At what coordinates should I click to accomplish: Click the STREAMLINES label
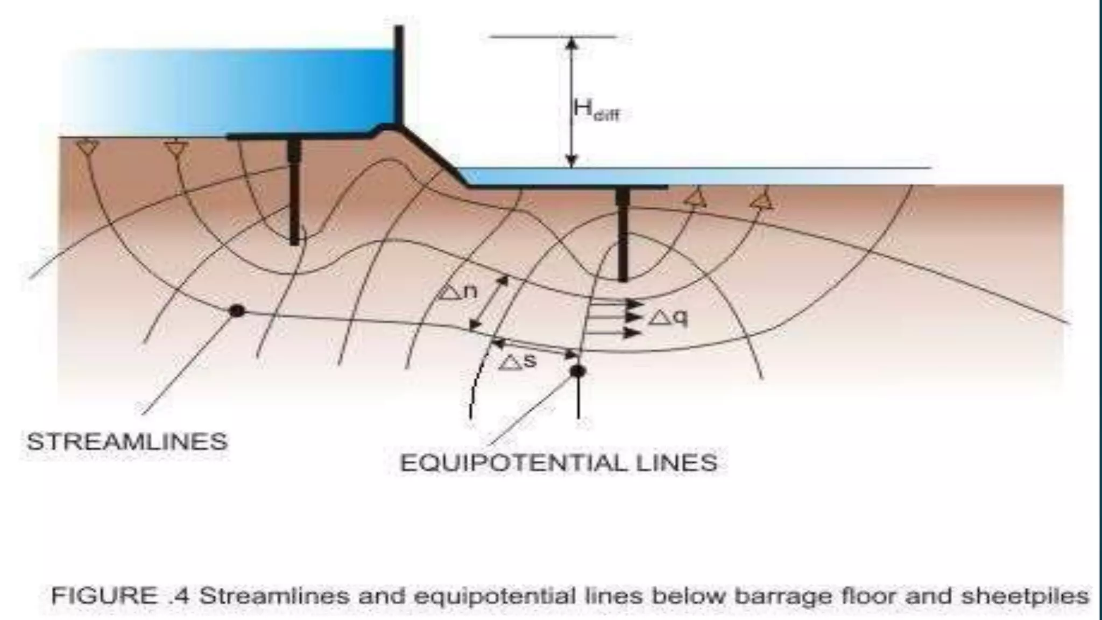128,442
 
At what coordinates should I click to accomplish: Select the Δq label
668,318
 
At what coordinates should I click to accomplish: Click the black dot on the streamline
237,311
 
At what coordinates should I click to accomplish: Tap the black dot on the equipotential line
577,371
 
